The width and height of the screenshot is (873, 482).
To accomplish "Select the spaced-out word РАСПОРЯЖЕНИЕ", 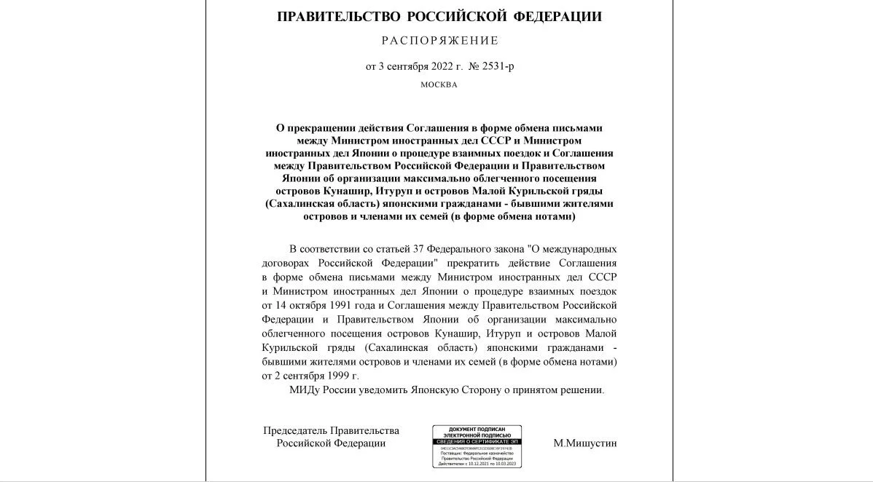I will [x=440, y=41].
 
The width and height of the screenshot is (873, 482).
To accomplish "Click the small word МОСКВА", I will [x=439, y=84].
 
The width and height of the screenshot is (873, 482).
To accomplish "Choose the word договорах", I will [x=286, y=262].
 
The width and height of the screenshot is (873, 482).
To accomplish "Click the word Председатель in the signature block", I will [x=295, y=430].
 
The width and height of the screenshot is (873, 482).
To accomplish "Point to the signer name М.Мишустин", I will [x=584, y=443].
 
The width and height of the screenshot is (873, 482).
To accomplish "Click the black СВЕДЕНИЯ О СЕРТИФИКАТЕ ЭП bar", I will [x=477, y=442].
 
